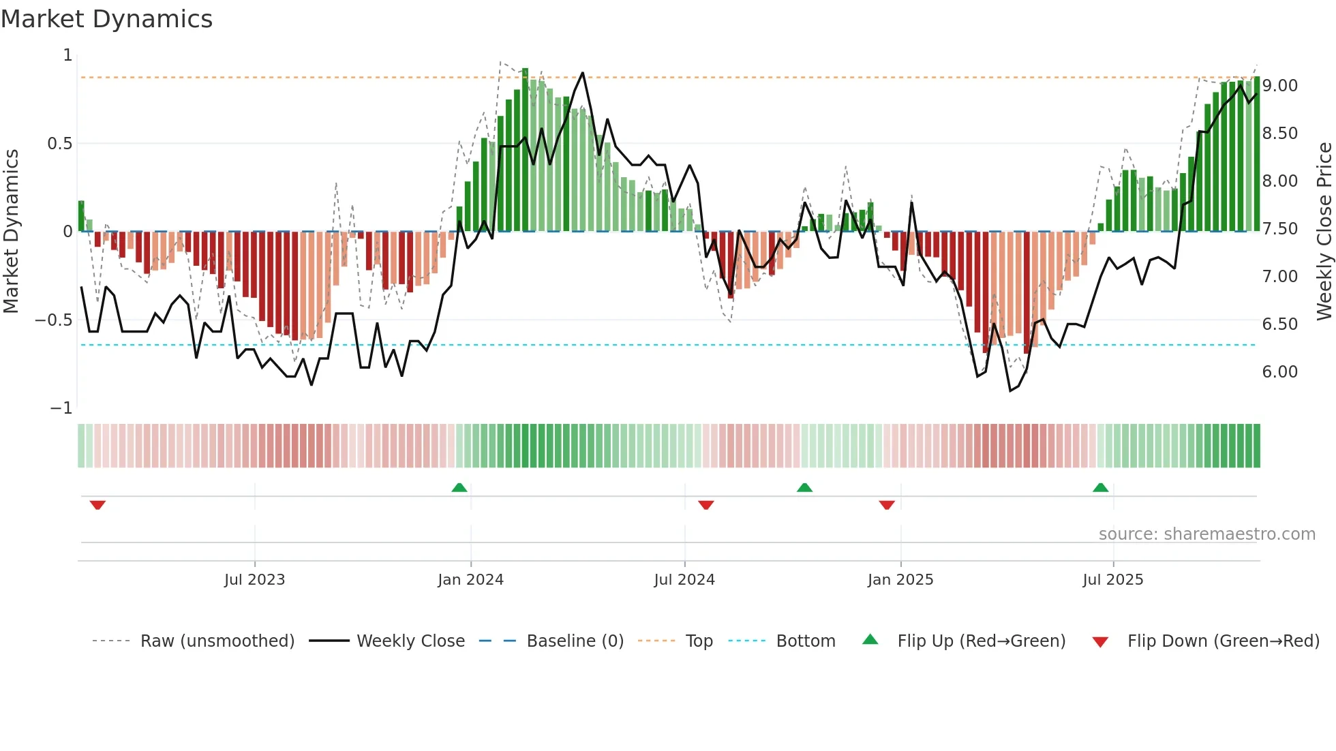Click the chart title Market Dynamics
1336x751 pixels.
pos(107,19)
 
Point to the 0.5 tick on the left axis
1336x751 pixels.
pos(59,144)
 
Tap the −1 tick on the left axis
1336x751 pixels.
pos(61,408)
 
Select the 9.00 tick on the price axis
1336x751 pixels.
pos(1279,86)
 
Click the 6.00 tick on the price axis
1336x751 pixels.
pos(1279,372)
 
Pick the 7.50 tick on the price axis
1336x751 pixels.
pos(1279,229)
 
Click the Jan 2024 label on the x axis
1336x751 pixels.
pos(470,580)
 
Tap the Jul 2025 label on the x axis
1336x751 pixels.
pos(1112,580)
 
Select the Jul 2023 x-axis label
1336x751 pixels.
pos(254,580)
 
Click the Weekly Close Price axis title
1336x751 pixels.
pos(1324,232)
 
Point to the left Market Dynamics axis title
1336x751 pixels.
pos(11,232)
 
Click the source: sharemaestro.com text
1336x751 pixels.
pos(1206,534)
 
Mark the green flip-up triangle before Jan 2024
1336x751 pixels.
pos(459,487)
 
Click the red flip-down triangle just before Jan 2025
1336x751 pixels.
pos(886,505)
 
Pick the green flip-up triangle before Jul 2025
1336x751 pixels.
pos(1100,487)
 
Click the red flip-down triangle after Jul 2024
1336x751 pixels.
pos(705,505)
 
